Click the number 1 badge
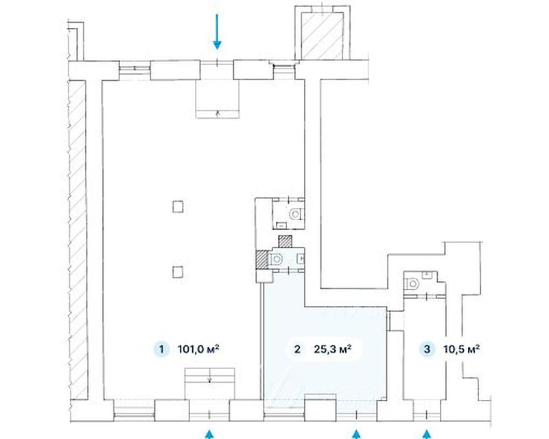(x=161, y=349)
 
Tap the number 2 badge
(x=297, y=349)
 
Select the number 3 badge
(x=427, y=349)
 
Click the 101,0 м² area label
(x=198, y=349)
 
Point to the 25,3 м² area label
(x=333, y=349)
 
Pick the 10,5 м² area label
(x=461, y=349)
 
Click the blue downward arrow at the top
(x=217, y=31)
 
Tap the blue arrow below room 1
(x=209, y=434)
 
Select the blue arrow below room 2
(x=356, y=434)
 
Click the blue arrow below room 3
(x=426, y=434)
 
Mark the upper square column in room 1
(x=178, y=206)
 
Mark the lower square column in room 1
(x=178, y=272)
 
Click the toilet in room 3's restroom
(x=412, y=283)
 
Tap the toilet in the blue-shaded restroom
(x=276, y=259)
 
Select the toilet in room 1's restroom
(x=295, y=213)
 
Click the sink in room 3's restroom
(x=427, y=275)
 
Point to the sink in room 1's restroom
(x=281, y=226)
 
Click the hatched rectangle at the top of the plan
(x=323, y=36)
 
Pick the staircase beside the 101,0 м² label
(x=210, y=383)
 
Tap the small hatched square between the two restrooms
(x=285, y=241)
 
